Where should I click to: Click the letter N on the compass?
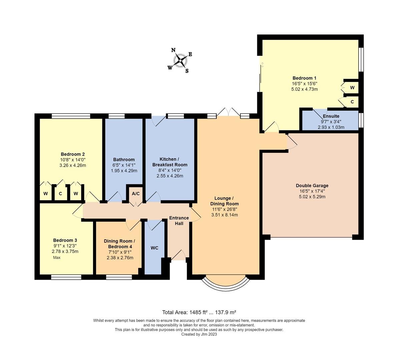point(173,50)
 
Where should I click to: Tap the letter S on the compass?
point(187,71)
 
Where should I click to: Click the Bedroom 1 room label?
point(304,78)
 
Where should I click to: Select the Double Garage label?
point(312,186)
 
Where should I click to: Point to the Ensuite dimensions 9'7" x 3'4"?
point(331,122)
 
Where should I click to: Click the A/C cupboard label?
point(136,194)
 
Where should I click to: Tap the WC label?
point(154,248)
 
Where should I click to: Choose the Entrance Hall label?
point(179,221)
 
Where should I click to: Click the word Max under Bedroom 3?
point(57,257)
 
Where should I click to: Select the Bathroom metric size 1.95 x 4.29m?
point(124,171)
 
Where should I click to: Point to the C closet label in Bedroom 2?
point(60,194)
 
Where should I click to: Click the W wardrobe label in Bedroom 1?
point(352,88)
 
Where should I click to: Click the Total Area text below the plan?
point(199,312)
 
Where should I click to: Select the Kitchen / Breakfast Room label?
point(170,162)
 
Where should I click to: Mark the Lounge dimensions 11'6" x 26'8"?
point(224,209)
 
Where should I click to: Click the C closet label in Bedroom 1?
point(352,102)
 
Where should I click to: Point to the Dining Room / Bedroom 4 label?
point(120,244)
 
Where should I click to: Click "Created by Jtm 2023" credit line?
point(199,334)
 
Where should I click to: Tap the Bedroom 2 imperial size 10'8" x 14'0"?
point(73,160)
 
